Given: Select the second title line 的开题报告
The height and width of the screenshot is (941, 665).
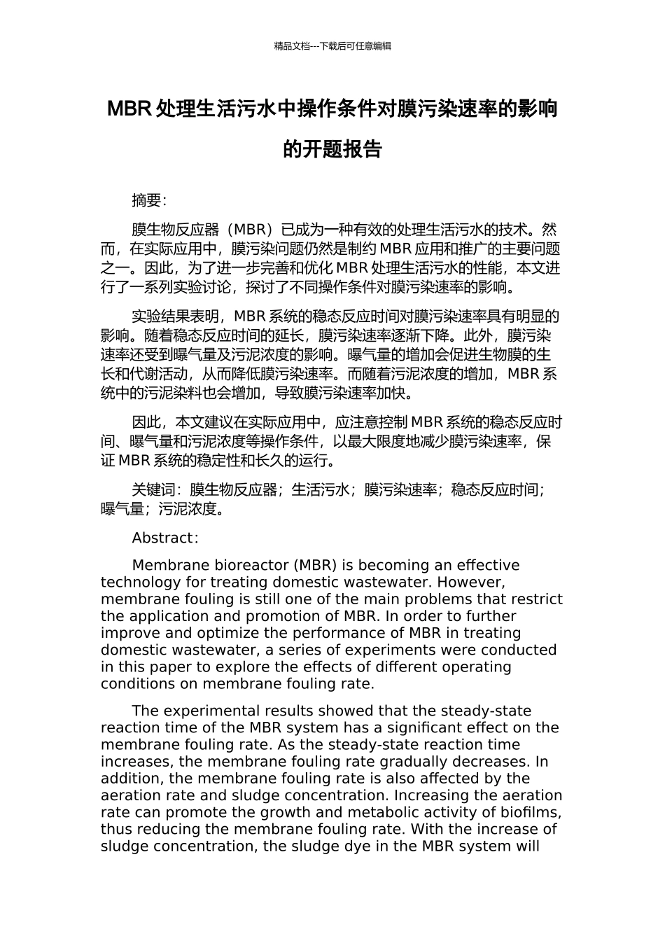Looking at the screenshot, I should point(332,149).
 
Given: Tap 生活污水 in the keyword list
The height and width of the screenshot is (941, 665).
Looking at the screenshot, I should point(321,490).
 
